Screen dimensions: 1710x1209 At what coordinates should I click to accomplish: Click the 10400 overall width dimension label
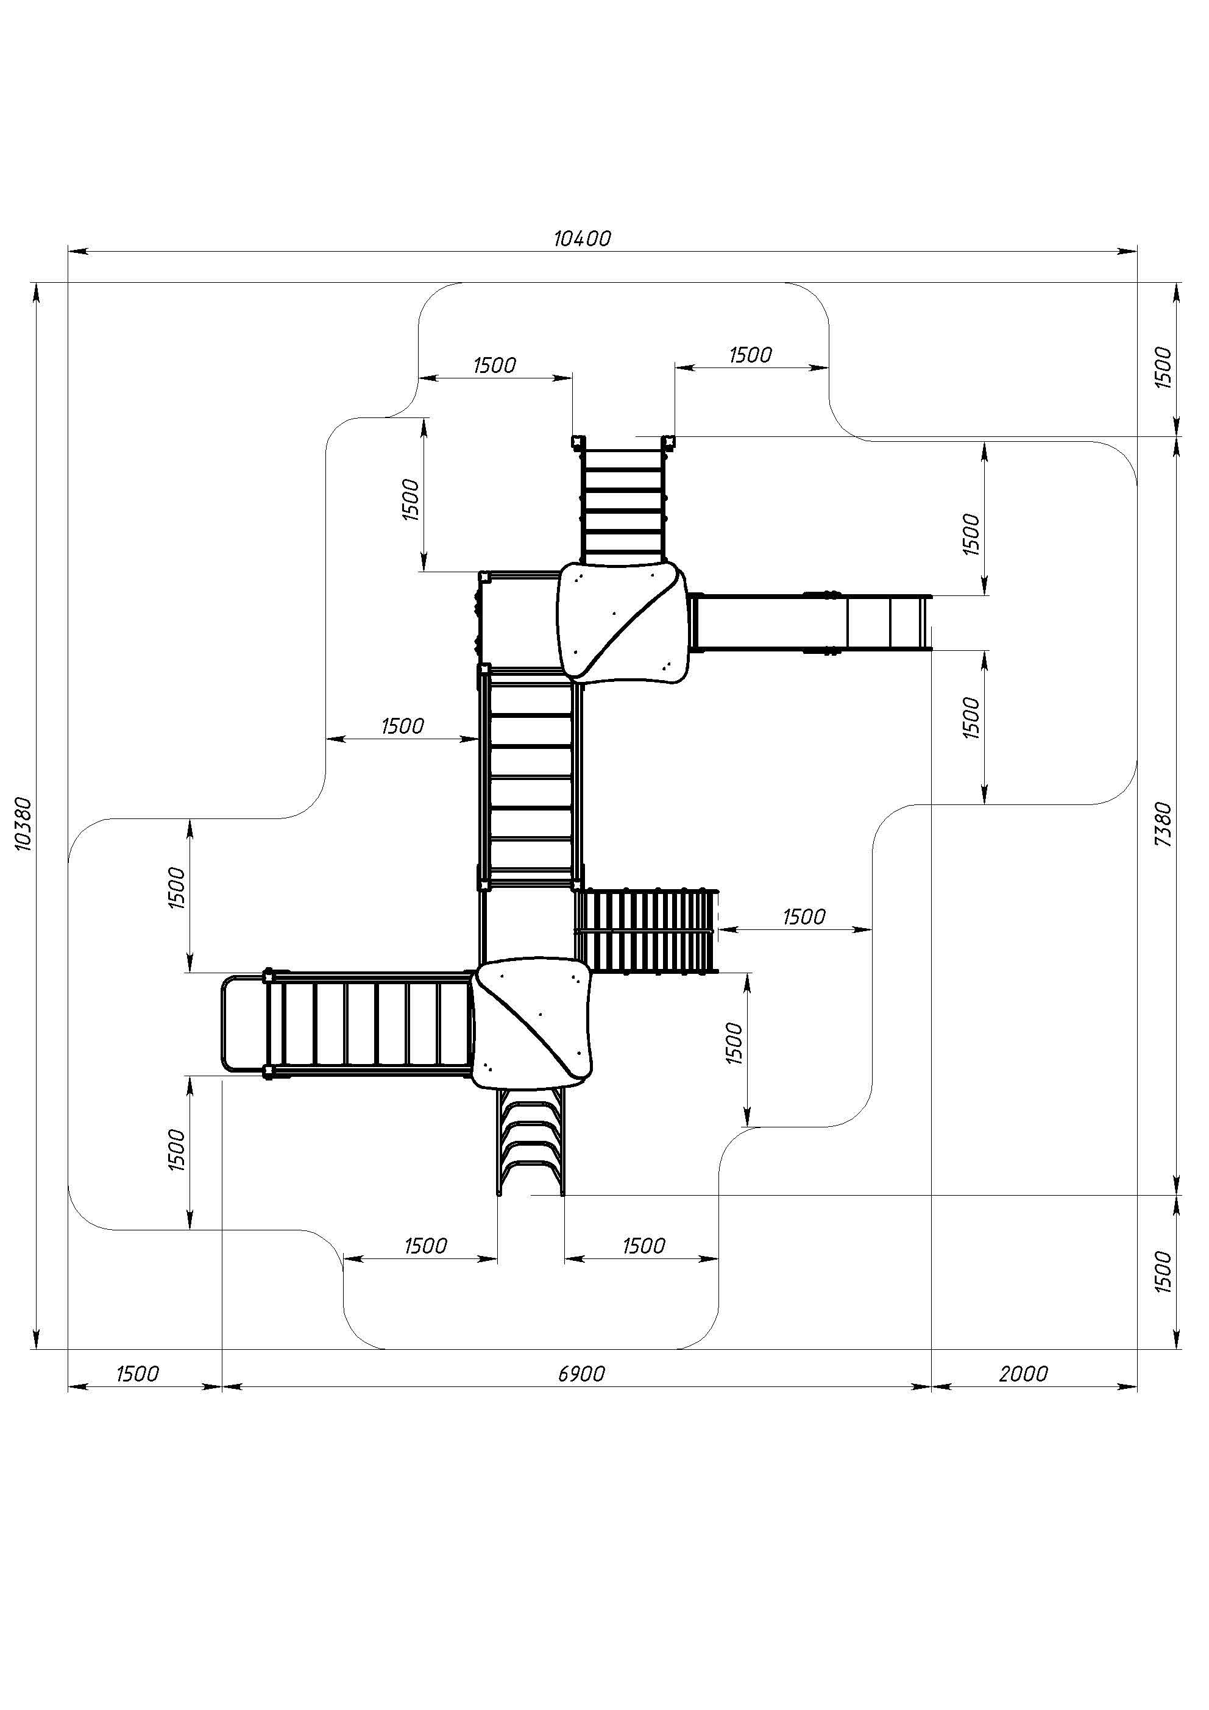(582, 238)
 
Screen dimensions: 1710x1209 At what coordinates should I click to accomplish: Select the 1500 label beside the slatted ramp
(804, 916)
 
